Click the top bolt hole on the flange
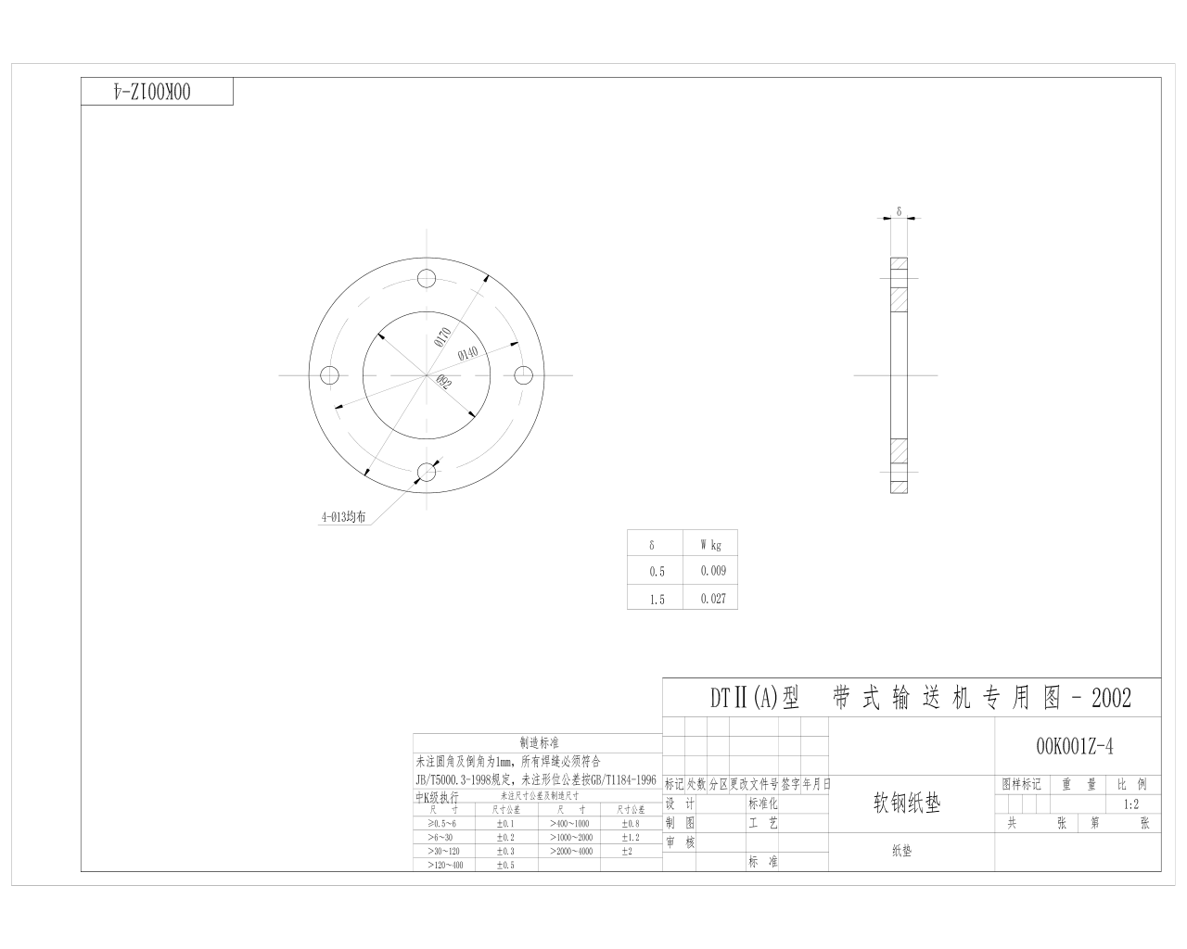point(427,278)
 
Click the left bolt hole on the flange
point(329,375)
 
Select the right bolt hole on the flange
point(524,375)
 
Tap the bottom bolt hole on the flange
point(427,473)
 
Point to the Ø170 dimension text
point(442,336)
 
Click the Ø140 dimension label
point(468,353)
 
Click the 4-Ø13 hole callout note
point(343,519)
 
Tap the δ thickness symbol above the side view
point(899,211)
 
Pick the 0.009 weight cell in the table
point(713,571)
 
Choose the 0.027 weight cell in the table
point(713,599)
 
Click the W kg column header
point(711,545)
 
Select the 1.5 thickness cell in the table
point(657,600)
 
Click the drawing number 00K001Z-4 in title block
point(1075,746)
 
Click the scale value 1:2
point(1130,804)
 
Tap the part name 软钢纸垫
point(906,803)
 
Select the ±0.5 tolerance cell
point(504,865)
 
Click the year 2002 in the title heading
point(1112,698)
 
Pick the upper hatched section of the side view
point(899,299)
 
